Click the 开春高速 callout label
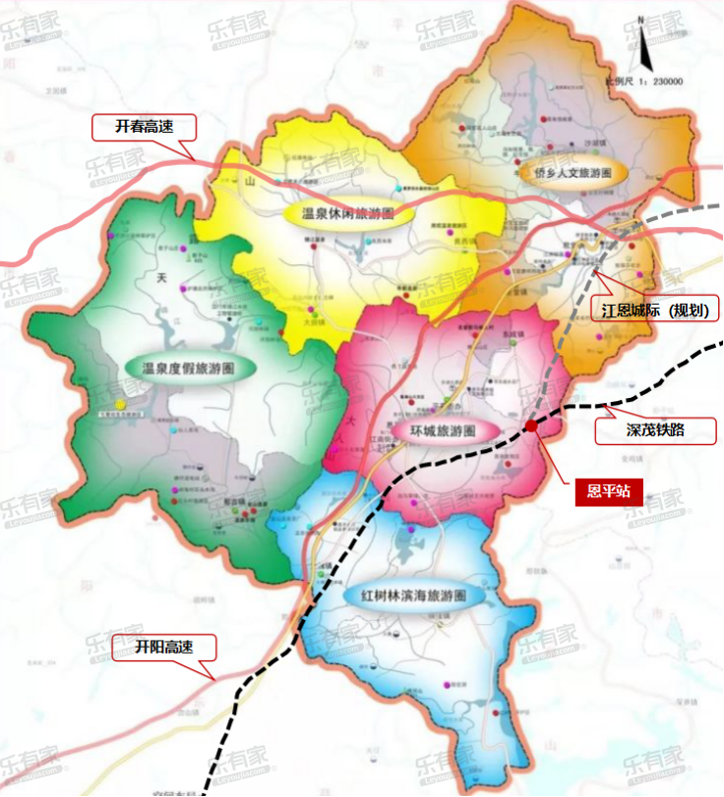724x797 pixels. pos(144,127)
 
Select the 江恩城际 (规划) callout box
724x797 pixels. pos(660,311)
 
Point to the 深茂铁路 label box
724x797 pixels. pos(654,430)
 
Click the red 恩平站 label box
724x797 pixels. pos(608,490)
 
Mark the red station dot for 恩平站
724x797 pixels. pos(531,426)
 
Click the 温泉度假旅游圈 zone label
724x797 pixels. pos(187,369)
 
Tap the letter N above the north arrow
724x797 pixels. pos(640,18)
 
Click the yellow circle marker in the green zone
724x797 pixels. pos(119,404)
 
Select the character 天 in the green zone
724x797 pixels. pos(162,278)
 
